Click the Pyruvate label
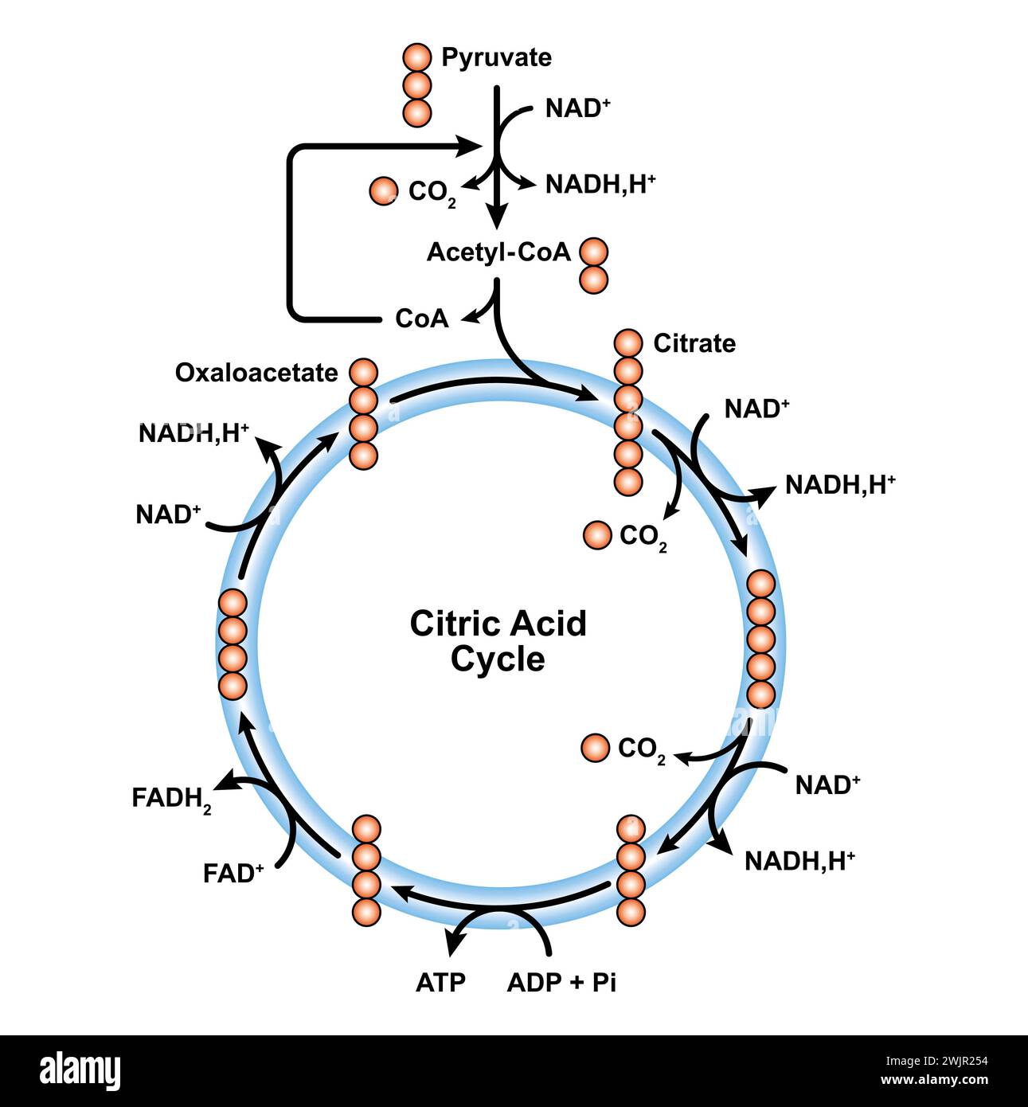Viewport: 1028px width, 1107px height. (x=495, y=58)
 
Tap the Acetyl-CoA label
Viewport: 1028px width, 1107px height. (x=498, y=252)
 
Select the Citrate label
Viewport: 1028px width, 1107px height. (x=694, y=343)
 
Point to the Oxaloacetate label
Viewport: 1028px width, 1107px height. (x=256, y=373)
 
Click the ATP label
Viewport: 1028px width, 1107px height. (x=440, y=983)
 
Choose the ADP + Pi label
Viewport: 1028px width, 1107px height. (x=561, y=983)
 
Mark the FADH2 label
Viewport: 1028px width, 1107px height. (x=171, y=799)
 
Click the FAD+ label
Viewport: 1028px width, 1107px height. (x=233, y=874)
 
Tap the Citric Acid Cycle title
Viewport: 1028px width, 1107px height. (x=498, y=641)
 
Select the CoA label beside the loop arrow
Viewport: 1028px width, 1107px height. (x=421, y=319)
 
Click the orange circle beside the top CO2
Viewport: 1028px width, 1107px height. (x=383, y=191)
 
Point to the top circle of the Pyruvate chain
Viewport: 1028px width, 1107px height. (x=416, y=57)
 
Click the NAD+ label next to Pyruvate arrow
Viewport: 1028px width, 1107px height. (x=577, y=108)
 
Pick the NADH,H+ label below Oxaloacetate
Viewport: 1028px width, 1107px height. (x=193, y=433)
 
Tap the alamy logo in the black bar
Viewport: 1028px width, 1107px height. (x=80, y=1071)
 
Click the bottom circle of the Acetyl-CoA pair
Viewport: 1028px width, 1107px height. (x=593, y=280)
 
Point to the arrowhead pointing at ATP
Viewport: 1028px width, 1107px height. (x=455, y=943)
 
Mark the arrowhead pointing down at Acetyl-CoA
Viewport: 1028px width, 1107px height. (x=498, y=216)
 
